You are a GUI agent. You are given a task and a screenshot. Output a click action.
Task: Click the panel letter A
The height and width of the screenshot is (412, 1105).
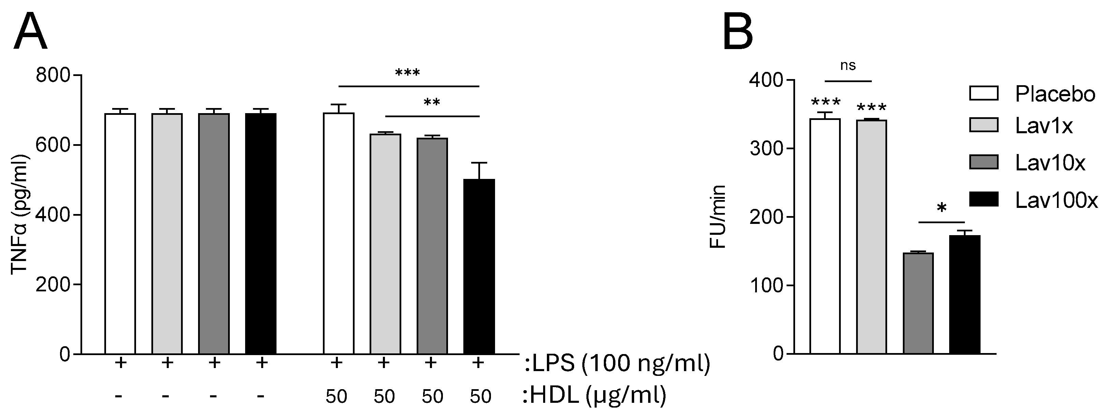[x=30, y=32]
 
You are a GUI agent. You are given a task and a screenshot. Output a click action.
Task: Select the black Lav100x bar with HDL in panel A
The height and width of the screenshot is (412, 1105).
[x=479, y=266]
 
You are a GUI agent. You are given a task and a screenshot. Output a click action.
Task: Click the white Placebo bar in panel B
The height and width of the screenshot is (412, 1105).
[x=825, y=236]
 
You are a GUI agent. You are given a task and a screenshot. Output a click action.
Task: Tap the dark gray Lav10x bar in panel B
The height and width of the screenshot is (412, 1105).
[x=918, y=303]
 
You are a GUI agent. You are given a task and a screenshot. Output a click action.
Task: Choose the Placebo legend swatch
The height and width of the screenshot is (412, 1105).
[x=984, y=93]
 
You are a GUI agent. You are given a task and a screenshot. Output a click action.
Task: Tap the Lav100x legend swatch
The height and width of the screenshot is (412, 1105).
[x=984, y=199]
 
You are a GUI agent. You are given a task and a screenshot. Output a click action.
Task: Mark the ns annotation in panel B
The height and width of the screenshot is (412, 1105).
[x=848, y=65]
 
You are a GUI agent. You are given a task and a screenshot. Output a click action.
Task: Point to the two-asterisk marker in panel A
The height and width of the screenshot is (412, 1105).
[x=432, y=103]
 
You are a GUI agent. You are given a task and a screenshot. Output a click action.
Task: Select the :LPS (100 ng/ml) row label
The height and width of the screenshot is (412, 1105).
[x=617, y=363]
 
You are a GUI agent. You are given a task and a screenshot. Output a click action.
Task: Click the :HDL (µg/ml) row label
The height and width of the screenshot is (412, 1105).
[x=594, y=395]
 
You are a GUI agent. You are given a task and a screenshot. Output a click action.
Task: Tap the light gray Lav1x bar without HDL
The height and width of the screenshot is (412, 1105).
[x=167, y=234]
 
